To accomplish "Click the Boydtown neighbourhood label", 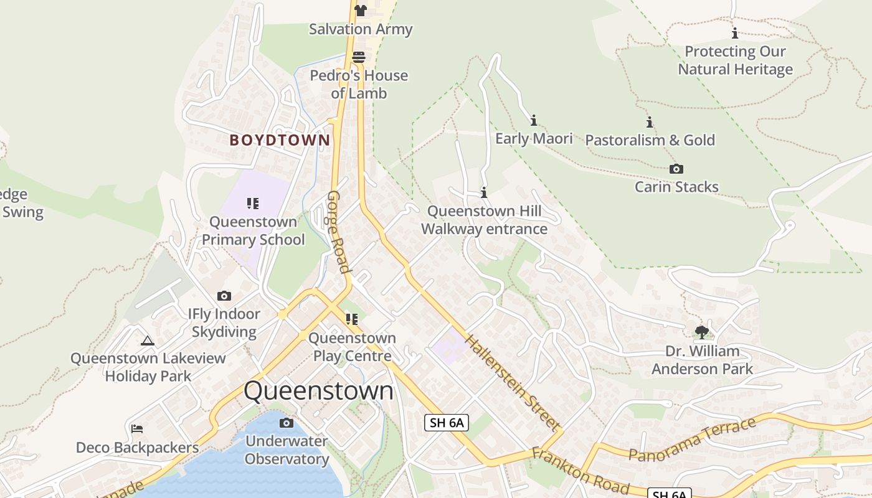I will coord(280,140).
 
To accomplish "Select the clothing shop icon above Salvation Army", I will coord(360,10).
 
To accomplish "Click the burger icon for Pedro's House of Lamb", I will coord(359,57).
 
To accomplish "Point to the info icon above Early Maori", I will coord(533,120).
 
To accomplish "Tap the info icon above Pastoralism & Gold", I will coord(649,122).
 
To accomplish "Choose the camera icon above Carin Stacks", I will coord(676,169).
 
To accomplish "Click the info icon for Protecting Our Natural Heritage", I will coord(735,33).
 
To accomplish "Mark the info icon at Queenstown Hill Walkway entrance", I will coord(484,193).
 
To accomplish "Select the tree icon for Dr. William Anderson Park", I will coord(702,332).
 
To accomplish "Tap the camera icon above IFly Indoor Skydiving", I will coord(224,296).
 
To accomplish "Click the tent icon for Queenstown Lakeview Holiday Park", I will coord(148,341).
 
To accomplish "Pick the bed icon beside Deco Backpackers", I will coord(137,429).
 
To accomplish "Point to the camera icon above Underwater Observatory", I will coord(286,423).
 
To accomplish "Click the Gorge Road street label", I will coord(338,232).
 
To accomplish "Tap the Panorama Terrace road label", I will coord(693,440).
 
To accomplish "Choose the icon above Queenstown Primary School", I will coord(252,203).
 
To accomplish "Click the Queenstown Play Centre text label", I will coord(353,347).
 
